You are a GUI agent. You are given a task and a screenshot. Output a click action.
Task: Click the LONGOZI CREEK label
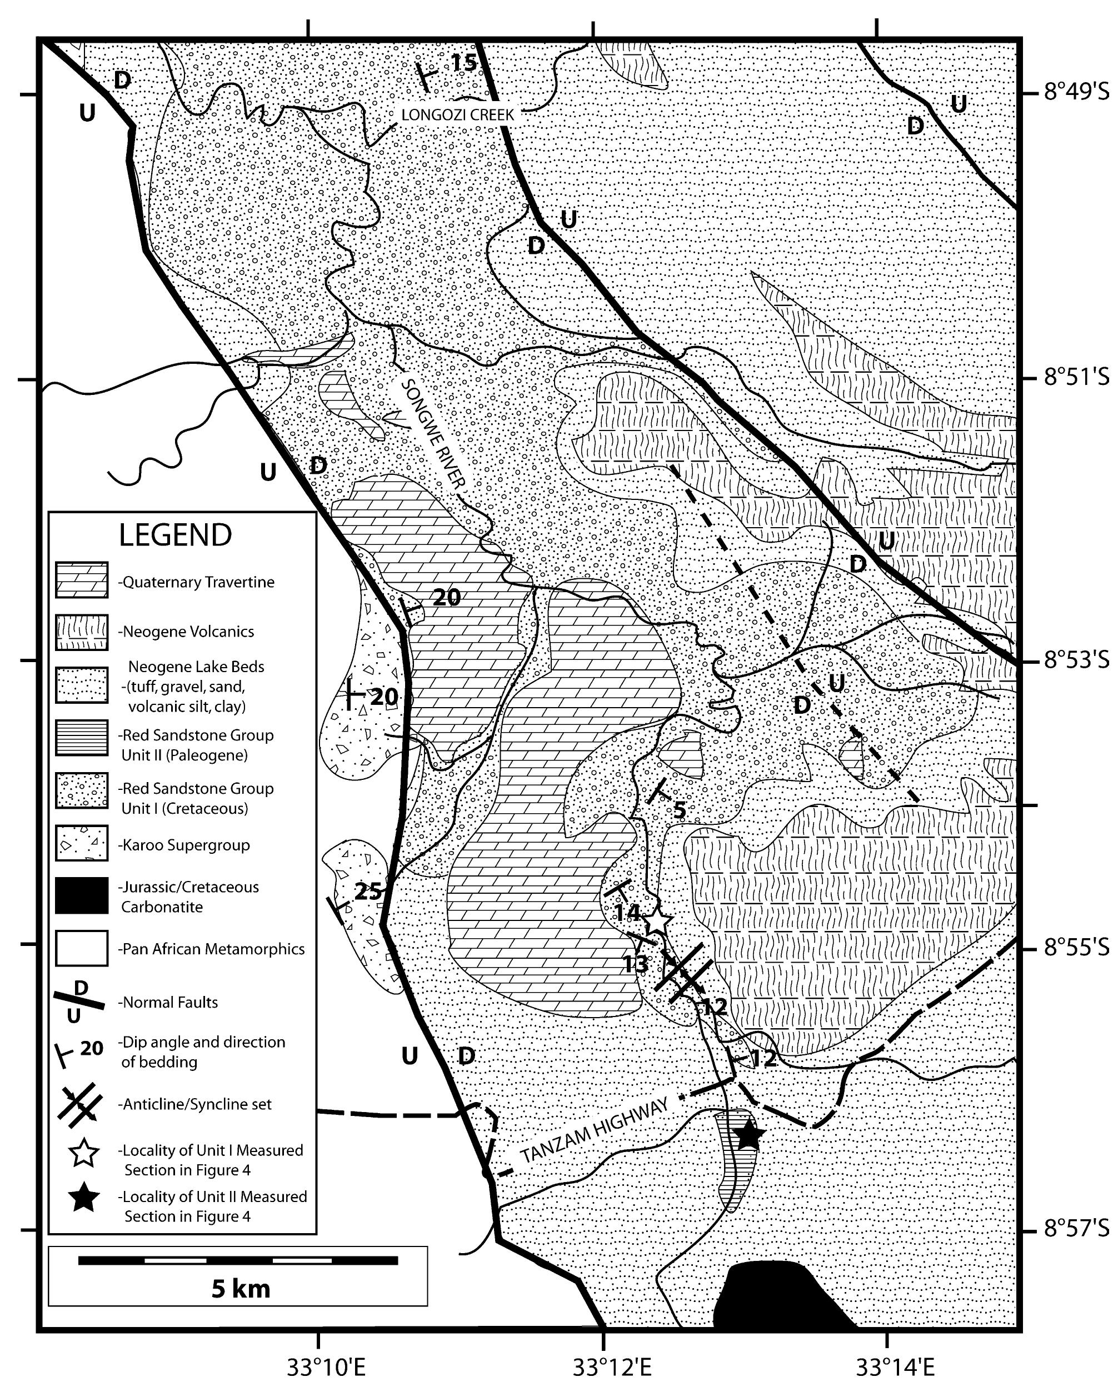457,115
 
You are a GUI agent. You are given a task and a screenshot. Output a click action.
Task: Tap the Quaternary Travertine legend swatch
82,581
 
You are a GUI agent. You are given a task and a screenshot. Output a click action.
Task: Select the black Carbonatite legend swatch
82,895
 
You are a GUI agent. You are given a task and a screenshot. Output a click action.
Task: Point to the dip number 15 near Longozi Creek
463,63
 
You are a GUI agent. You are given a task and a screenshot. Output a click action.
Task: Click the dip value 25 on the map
368,892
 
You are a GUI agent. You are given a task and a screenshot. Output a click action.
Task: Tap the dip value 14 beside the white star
626,912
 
